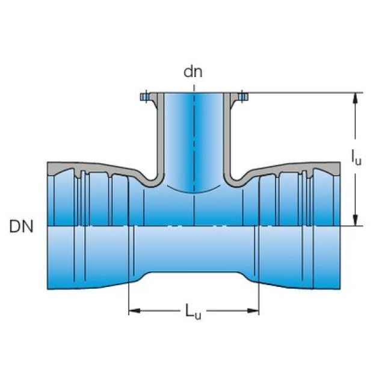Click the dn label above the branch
tap(193, 72)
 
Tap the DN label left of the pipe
tap(22, 227)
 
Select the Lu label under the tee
tap(192, 312)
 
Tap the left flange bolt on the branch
tap(144, 96)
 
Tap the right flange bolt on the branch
tap(242, 96)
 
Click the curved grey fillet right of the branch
tap(236, 179)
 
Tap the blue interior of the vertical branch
tap(194, 138)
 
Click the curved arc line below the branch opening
tap(194, 192)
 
